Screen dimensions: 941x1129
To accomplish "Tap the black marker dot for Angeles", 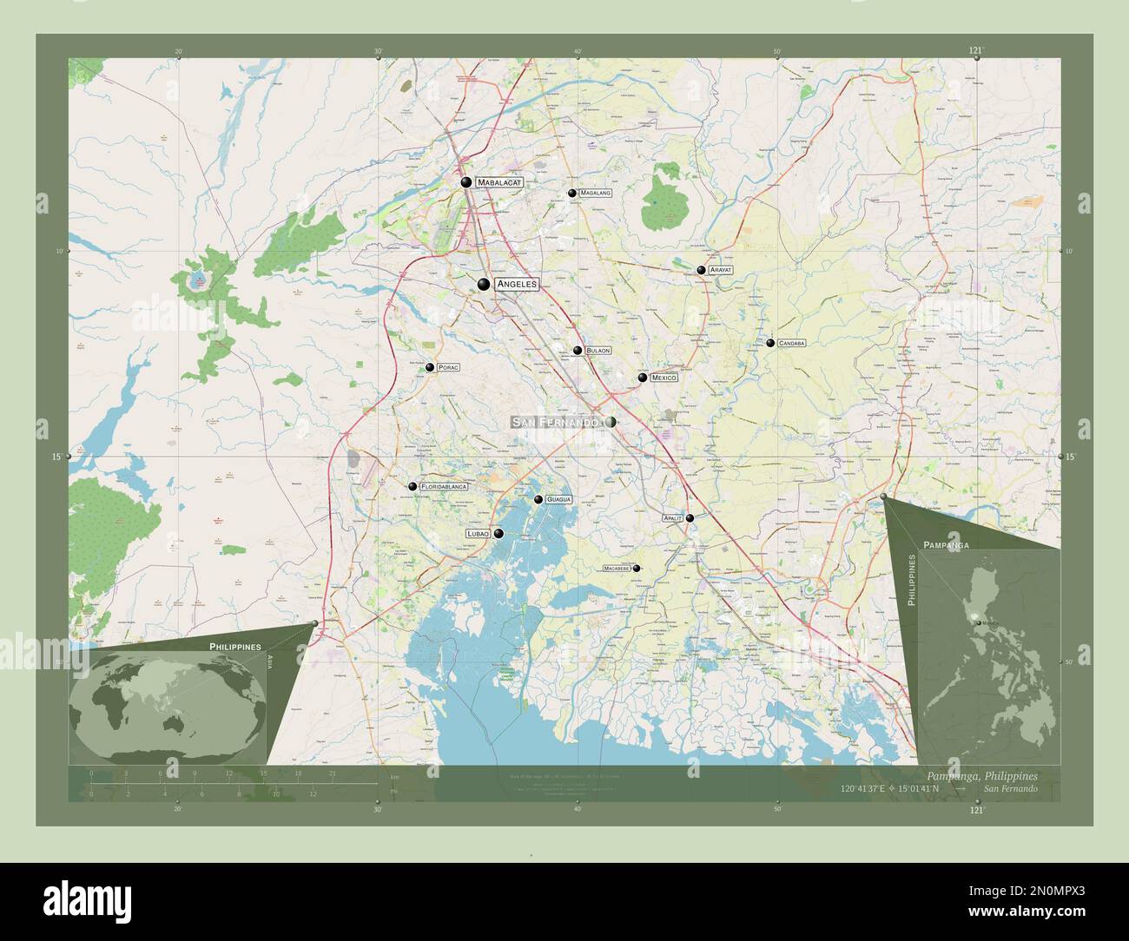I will tap(484, 284).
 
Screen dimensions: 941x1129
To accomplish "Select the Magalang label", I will tap(595, 193).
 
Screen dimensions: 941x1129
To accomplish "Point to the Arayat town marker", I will tap(701, 270).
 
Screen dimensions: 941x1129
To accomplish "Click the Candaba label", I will tap(792, 343).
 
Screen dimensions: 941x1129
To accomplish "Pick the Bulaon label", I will tap(598, 351).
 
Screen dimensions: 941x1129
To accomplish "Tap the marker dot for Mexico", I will tap(643, 378).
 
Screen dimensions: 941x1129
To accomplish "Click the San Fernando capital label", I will tap(556, 422).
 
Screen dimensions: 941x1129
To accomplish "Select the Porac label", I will tap(448, 368).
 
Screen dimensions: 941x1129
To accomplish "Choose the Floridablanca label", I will tap(444, 487).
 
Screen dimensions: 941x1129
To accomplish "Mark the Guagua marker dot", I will tap(538, 499).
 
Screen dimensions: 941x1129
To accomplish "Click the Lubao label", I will tap(479, 533).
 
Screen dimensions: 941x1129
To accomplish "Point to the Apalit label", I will tap(672, 517).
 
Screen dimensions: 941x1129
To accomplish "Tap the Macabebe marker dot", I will tap(637, 569).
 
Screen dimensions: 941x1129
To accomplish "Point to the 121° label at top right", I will tap(976, 51).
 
